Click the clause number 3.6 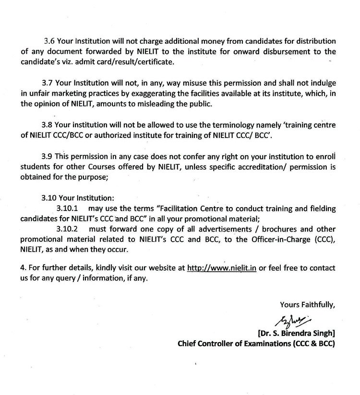[x=49, y=41]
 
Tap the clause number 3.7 [x=48, y=84]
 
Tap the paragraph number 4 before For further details [x=23, y=268]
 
